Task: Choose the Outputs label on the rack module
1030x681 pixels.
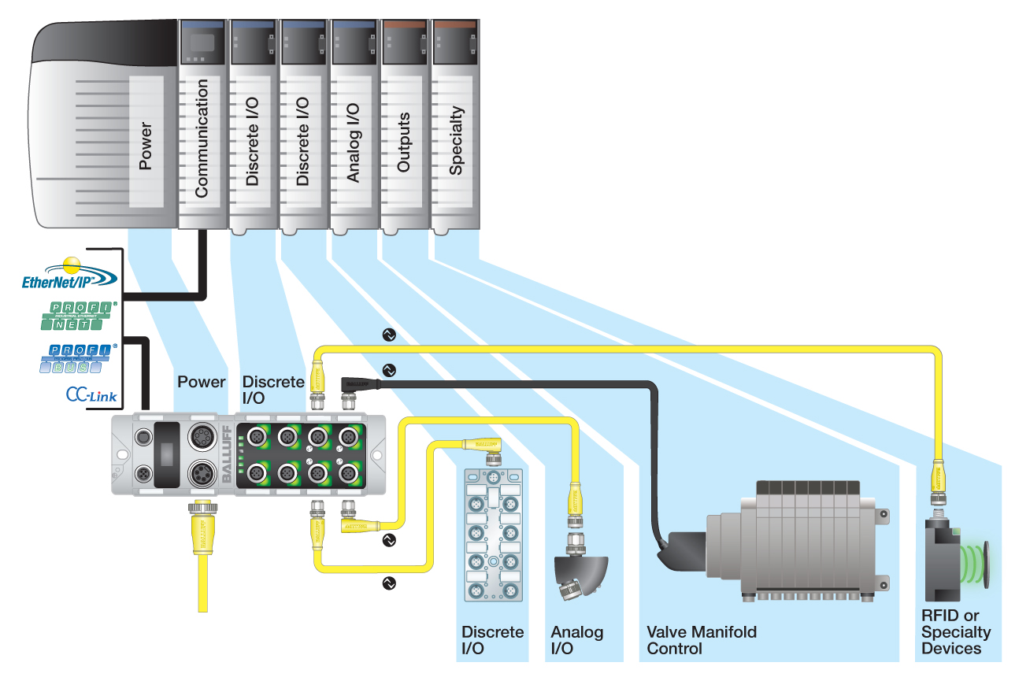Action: click(403, 142)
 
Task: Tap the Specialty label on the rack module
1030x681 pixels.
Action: click(454, 141)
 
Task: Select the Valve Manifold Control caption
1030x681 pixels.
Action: click(701, 640)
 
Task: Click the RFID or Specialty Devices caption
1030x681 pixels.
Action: click(955, 632)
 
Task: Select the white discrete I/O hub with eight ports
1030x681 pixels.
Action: click(492, 535)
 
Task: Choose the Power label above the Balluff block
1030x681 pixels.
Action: click(201, 382)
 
